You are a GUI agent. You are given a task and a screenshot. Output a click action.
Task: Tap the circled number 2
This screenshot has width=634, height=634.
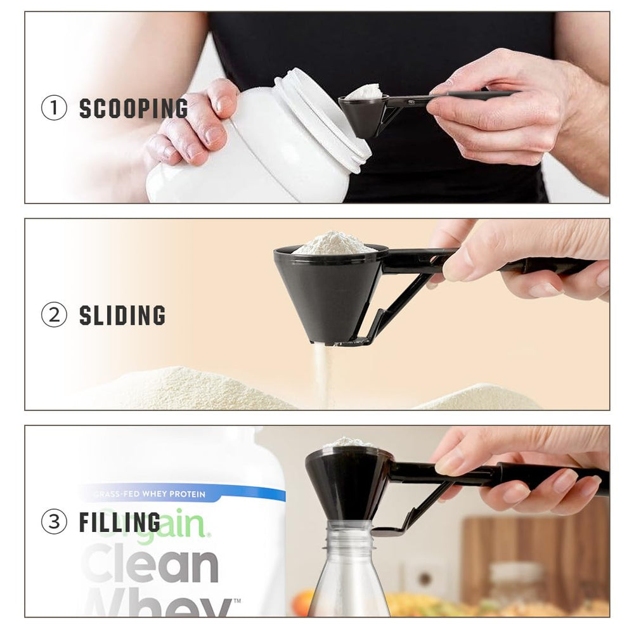(x=54, y=315)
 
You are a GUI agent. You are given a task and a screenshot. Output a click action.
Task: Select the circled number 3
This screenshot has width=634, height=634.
(x=54, y=522)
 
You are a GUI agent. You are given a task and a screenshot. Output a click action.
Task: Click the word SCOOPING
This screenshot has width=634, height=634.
(x=133, y=108)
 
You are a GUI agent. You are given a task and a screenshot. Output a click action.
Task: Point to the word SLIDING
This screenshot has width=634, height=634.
(x=122, y=315)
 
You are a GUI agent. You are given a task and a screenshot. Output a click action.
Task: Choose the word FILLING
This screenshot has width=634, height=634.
(x=120, y=522)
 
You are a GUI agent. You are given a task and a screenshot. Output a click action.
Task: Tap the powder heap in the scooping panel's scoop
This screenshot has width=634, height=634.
(x=364, y=92)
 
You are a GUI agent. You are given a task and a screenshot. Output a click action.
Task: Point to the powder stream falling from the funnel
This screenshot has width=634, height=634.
(x=323, y=374)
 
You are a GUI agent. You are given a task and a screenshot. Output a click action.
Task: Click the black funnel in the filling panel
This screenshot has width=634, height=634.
(x=349, y=482)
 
